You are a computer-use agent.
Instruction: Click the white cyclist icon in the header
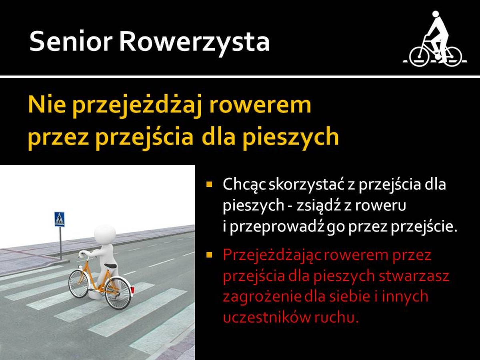pos(435,39)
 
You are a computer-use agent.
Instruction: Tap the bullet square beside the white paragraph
pos(209,184)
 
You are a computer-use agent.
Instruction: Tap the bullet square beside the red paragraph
pos(209,255)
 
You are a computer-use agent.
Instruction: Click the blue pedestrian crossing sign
pos(60,219)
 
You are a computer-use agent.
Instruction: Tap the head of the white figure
pos(105,234)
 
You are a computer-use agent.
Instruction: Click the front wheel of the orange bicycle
pos(79,284)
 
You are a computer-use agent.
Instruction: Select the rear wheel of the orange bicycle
pos(118,294)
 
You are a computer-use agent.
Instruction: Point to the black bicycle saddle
pos(111,266)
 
